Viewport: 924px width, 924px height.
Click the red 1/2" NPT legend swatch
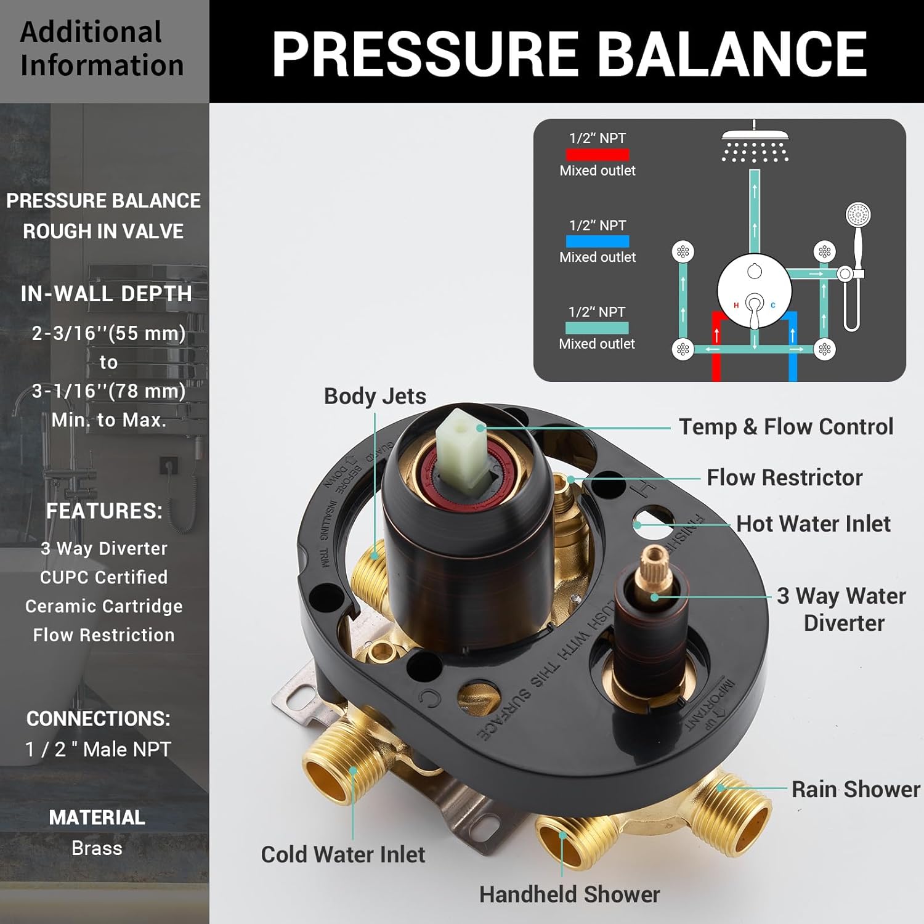click(598, 155)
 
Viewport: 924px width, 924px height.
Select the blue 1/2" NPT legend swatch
click(598, 241)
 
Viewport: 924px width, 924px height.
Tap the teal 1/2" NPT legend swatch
click(597, 328)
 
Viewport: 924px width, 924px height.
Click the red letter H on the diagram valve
click(736, 305)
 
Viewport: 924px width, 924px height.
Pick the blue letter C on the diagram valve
click(773, 305)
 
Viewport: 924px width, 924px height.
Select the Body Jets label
click(375, 396)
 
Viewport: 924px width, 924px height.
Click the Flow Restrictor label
click(784, 477)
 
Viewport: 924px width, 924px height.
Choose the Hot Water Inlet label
click(813, 524)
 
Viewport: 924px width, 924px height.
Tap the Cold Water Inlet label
click(343, 854)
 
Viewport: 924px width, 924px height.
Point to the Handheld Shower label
click(569, 894)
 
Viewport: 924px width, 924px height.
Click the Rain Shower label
click(856, 789)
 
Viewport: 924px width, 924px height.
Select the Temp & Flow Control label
click(786, 426)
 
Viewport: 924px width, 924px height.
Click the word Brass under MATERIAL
click(97, 848)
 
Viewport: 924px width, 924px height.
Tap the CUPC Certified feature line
click(103, 577)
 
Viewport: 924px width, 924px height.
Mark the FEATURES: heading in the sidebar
click(104, 511)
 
